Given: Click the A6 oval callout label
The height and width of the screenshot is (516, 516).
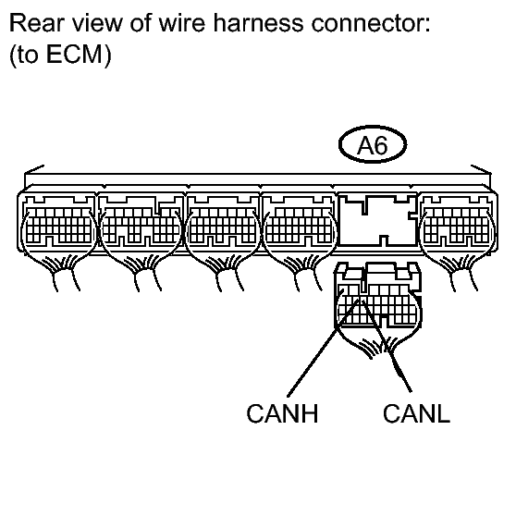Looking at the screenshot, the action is click(373, 144).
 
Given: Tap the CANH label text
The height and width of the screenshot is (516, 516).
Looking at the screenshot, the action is click(282, 413).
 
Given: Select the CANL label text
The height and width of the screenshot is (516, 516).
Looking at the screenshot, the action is click(416, 413).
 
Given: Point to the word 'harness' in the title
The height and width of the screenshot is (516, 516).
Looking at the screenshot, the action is click(258, 23).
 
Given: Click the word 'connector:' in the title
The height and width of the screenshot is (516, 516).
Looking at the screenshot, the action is click(371, 23).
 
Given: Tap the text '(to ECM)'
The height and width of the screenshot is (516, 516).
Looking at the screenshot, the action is click(60, 55).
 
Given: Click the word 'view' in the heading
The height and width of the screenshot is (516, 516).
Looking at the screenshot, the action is click(97, 23).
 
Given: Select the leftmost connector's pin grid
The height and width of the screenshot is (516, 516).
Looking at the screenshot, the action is click(58, 226).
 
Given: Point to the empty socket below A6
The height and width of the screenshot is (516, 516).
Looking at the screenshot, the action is click(377, 220).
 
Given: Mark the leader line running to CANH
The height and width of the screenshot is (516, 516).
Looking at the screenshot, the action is click(323, 349).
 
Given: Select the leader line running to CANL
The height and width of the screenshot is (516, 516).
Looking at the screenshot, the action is click(387, 346).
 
